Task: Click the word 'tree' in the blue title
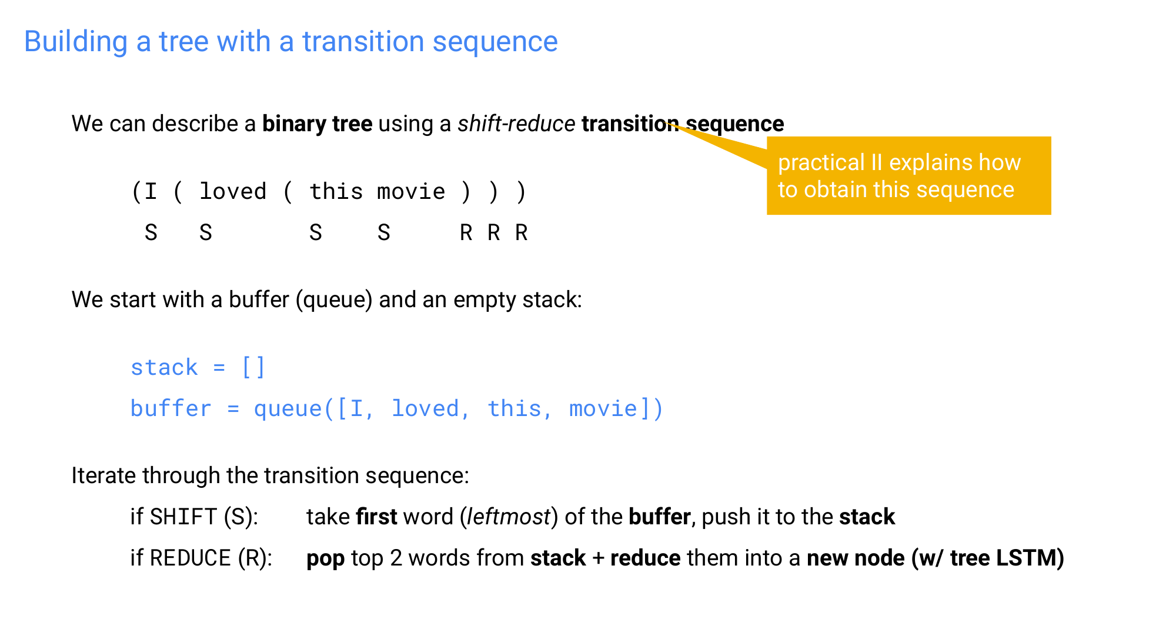coord(183,42)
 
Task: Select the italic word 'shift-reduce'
coord(516,124)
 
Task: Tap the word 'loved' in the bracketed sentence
coord(233,192)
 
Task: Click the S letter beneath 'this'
coord(316,233)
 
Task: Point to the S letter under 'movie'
coord(384,233)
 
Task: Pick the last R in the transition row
coord(522,233)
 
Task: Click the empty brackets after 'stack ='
coord(253,368)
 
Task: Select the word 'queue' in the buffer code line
coord(288,409)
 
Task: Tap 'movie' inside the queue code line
coord(603,409)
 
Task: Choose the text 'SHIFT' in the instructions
coord(183,517)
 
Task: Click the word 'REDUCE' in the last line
coord(191,558)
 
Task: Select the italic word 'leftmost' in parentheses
coord(509,517)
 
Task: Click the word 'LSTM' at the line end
coord(1030,558)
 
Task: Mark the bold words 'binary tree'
coord(317,124)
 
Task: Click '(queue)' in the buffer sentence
coord(334,300)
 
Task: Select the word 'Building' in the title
coord(76,42)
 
